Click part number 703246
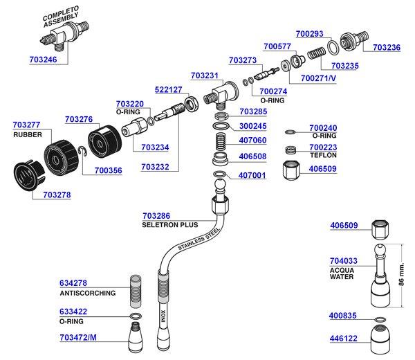pyautogui.click(x=44, y=60)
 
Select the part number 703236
pyautogui.click(x=387, y=48)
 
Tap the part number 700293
pyautogui.click(x=309, y=33)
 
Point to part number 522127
pyautogui.click(x=168, y=90)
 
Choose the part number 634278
pyautogui.click(x=73, y=283)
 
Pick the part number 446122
pyautogui.click(x=344, y=339)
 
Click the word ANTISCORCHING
pyautogui.click(x=88, y=293)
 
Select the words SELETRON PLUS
pyautogui.click(x=169, y=225)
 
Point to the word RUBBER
pyautogui.click(x=28, y=134)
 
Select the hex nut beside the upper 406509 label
pyautogui.click(x=292, y=169)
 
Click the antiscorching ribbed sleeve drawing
pyautogui.click(x=136, y=290)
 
